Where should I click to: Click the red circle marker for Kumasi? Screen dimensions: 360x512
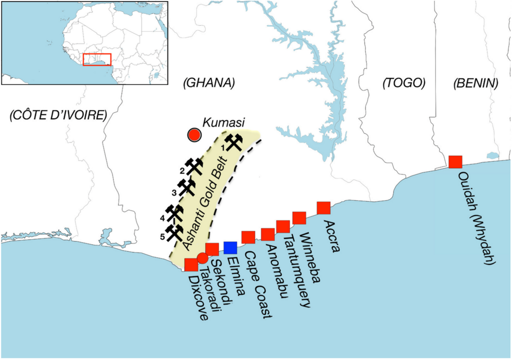pos(194,134)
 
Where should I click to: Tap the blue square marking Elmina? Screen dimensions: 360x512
pos(230,247)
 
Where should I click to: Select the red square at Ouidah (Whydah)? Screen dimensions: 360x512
pos(455,162)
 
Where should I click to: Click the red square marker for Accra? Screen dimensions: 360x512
pos(323,207)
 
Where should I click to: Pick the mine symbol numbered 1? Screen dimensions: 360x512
pos(233,142)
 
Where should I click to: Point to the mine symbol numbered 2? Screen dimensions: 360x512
pos(193,166)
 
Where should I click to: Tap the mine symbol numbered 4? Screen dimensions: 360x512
pos(174,213)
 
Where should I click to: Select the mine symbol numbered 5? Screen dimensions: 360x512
pos(174,232)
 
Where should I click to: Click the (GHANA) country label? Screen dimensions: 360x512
pos(208,83)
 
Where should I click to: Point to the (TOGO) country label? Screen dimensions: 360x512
pos(403,83)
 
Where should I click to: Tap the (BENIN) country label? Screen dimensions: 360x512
pos(475,83)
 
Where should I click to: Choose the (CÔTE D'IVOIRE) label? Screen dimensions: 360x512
pos(58,115)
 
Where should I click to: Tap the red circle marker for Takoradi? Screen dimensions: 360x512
pos(202,257)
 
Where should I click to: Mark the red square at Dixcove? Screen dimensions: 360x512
pos(191,265)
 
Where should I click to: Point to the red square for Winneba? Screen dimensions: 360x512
pos(299,218)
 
